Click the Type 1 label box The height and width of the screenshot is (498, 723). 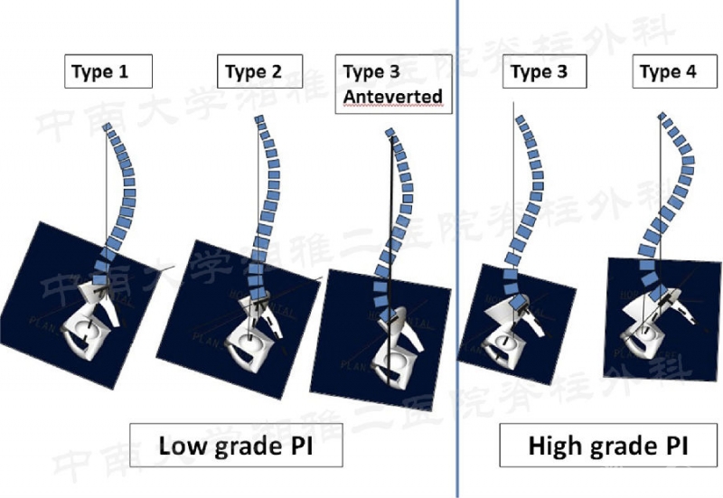(x=108, y=71)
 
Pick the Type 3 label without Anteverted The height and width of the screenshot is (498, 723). (x=539, y=72)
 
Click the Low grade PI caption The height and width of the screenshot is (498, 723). (x=237, y=446)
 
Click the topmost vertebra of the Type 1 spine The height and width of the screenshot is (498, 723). (x=108, y=132)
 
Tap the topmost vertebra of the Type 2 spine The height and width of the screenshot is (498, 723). (x=259, y=121)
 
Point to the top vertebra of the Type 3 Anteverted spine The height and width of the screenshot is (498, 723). (x=390, y=134)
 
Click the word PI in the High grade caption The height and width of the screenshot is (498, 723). (x=672, y=446)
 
